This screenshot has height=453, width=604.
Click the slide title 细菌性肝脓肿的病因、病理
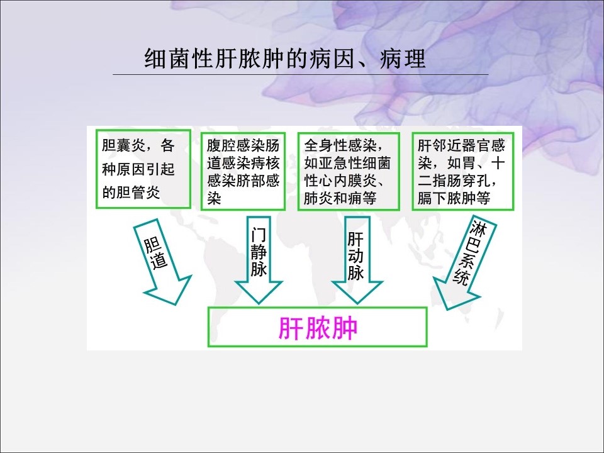pos(285,60)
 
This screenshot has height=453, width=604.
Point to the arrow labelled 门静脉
pos(259,258)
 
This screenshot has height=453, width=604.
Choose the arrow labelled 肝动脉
pos(355,258)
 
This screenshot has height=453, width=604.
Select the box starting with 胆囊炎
pos(144,169)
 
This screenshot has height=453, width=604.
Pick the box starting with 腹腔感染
pos(243,170)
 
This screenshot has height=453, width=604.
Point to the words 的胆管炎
pos(131,193)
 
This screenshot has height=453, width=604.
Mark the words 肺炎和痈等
pos(340,199)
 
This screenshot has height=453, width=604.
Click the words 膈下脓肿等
pos(454,199)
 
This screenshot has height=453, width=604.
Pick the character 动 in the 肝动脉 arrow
pos(355,257)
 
